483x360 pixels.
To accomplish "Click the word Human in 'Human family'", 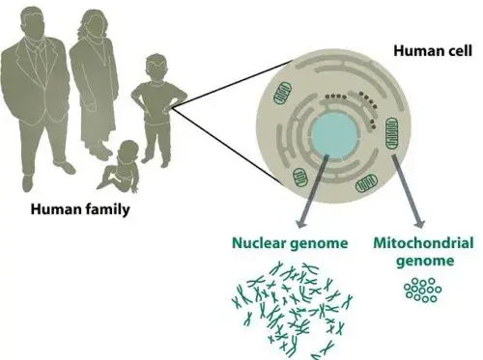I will coord(56,208).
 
